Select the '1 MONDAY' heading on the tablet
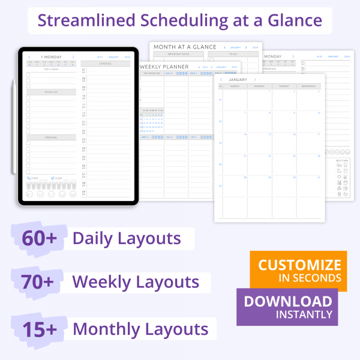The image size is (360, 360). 50,57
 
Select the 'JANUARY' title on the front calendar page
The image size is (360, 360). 238,79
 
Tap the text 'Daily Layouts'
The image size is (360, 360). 127,238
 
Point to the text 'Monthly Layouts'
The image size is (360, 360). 140,329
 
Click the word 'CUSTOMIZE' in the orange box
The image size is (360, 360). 299,265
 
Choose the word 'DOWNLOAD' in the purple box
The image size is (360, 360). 287,301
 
